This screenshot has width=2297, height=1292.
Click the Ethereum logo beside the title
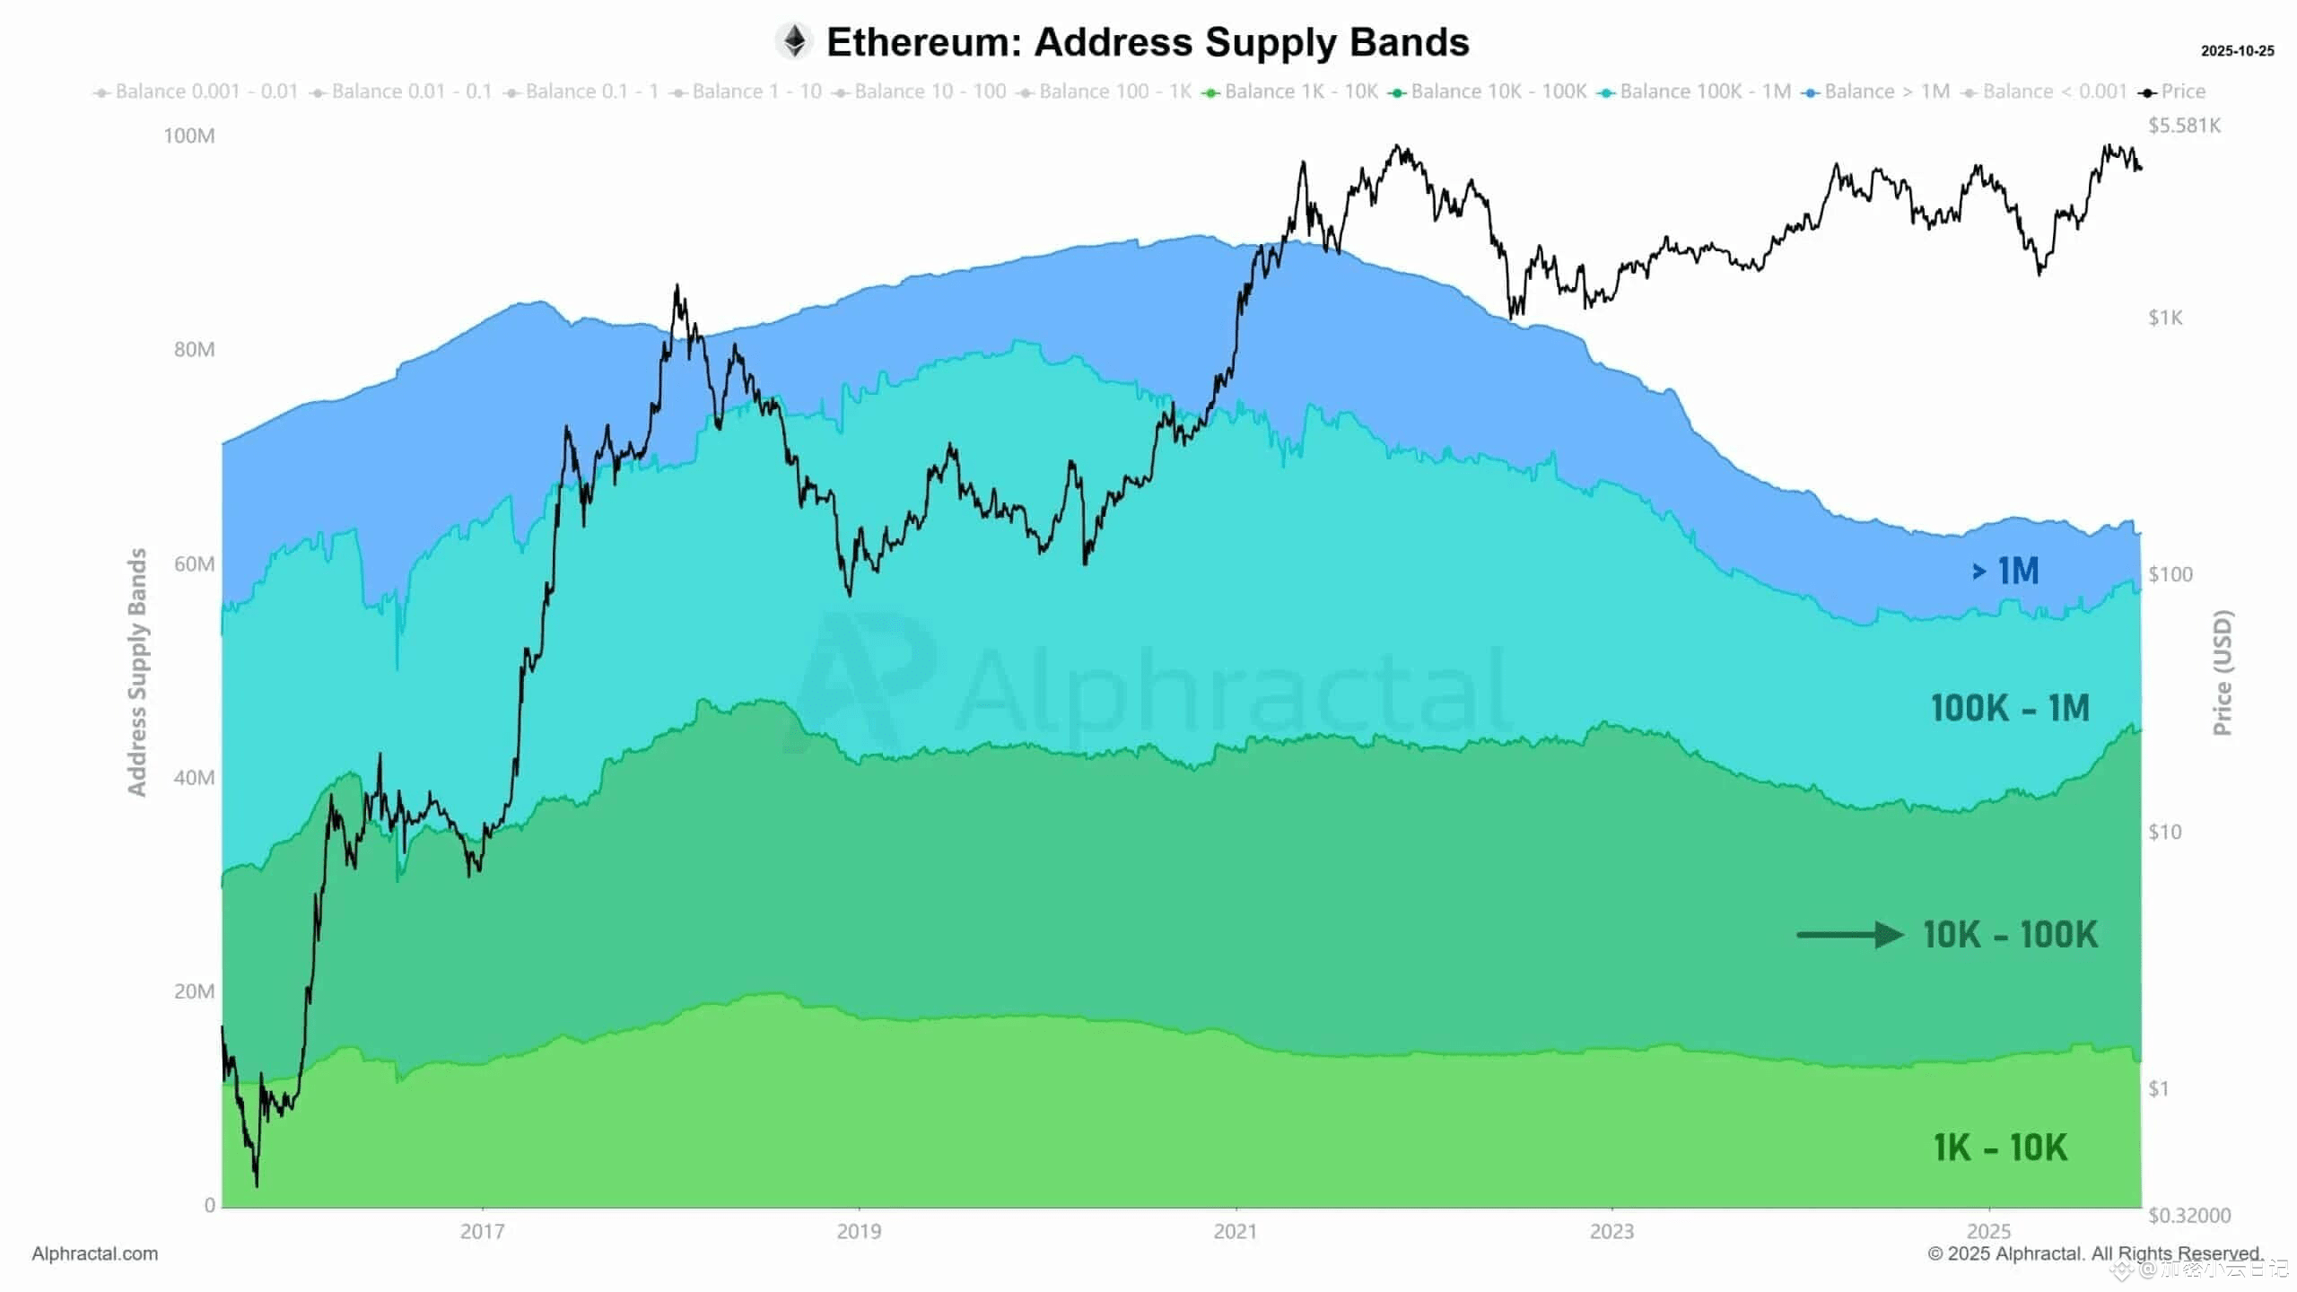pos(794,41)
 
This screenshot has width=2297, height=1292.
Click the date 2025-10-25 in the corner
pos(2237,51)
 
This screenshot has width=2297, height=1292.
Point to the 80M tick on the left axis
pos(194,350)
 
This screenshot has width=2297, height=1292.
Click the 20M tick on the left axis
pos(194,991)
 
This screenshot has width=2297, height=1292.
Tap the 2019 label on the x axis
pos(859,1232)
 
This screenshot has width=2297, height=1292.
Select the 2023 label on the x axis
pos(1611,1232)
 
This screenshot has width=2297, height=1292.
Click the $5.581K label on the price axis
pos(2184,126)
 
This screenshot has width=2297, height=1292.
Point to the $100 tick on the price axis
pos(2170,574)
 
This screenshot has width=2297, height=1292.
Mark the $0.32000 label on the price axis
pos(2188,1216)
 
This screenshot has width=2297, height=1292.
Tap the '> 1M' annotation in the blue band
pos(2005,571)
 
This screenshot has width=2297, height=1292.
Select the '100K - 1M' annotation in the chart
pos(2010,709)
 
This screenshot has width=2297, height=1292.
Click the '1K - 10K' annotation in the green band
pos(2000,1148)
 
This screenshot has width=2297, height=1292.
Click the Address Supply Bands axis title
pos(136,672)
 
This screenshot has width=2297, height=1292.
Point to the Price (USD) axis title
pos(2222,673)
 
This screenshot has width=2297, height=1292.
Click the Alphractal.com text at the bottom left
pos(95,1254)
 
